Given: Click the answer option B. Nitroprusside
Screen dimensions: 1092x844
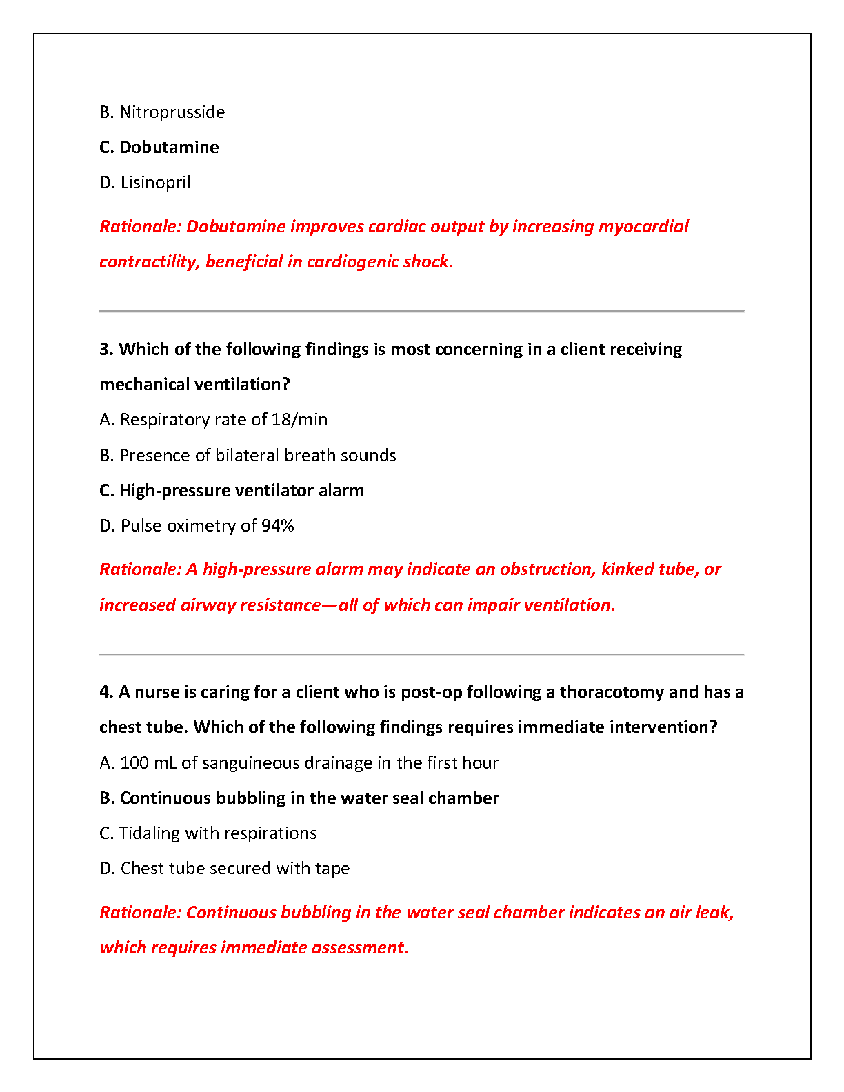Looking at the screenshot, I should pos(162,112).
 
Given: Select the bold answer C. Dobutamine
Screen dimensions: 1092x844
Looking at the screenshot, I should pos(159,148).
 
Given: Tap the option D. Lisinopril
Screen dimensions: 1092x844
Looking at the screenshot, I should pos(145,183).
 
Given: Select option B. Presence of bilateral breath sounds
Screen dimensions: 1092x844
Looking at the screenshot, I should pos(248,456).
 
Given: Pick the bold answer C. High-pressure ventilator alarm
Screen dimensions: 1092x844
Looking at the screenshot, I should pos(232,491).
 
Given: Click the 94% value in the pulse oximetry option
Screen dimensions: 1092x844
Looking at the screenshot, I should pos(278,526).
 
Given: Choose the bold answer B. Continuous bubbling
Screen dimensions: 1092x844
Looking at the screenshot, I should pos(299,798).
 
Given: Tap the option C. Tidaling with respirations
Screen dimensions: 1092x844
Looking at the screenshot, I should pos(208,833).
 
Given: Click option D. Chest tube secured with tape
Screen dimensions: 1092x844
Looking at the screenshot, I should pos(225,869).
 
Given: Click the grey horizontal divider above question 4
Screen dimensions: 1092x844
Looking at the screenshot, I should pos(422,654).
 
